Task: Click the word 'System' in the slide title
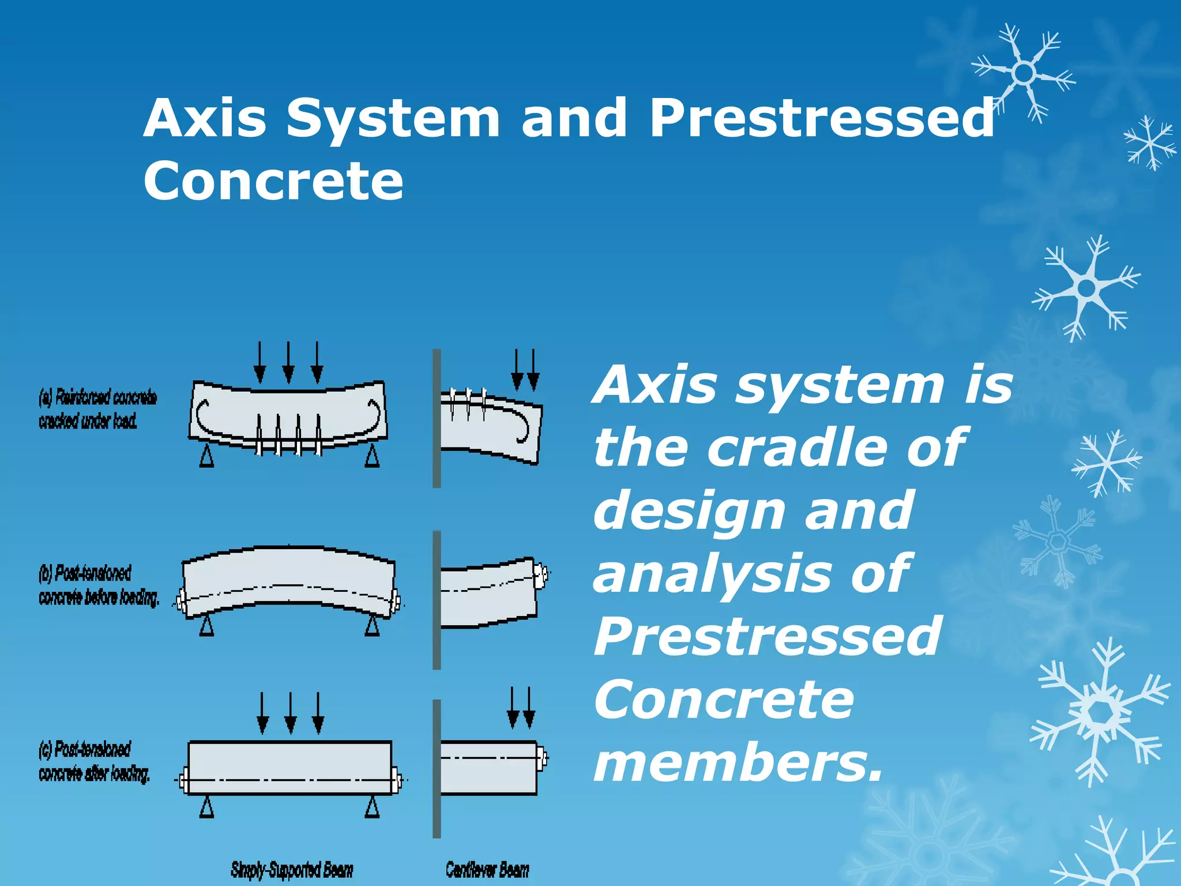393,118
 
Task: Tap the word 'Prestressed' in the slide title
822,118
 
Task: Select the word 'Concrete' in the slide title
273,181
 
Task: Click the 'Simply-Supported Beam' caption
292,869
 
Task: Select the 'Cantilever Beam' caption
487,869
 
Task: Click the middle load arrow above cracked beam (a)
288,362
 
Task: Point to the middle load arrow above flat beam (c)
291,713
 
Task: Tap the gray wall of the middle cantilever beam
437,600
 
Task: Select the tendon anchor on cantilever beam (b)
541,575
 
